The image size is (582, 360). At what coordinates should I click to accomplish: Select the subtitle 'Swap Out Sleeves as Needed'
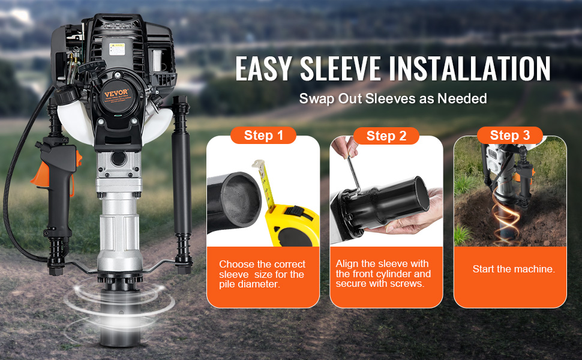click(x=393, y=98)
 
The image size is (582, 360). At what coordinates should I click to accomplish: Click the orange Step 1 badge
click(x=263, y=135)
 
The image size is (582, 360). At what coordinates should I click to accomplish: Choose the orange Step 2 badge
click(x=386, y=136)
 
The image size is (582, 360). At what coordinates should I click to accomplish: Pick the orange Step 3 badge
click(x=510, y=135)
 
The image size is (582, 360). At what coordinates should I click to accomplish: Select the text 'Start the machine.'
click(x=514, y=269)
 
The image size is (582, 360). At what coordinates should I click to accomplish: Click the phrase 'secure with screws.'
click(x=380, y=283)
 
